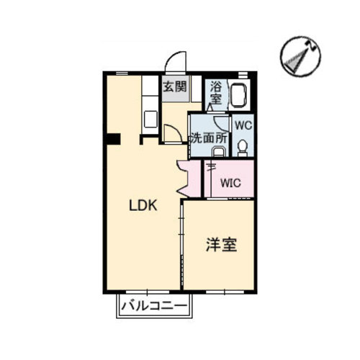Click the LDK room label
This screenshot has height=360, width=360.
(x=143, y=205)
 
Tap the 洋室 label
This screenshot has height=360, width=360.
(x=222, y=245)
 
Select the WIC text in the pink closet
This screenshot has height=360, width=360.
(x=230, y=183)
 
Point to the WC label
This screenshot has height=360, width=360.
(x=243, y=125)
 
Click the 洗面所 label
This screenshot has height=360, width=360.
(x=209, y=138)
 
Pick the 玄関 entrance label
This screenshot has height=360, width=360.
(x=175, y=86)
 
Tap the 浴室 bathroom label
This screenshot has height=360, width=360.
(x=216, y=93)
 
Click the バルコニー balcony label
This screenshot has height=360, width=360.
(x=154, y=306)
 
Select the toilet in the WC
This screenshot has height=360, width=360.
(x=243, y=148)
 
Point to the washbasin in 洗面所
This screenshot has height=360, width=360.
(x=218, y=152)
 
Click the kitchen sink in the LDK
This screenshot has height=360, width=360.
(x=150, y=119)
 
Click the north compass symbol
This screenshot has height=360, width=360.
(x=300, y=56)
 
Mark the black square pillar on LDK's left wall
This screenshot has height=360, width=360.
(x=113, y=139)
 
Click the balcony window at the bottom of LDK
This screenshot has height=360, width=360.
(x=148, y=292)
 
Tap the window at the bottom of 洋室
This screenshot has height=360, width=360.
(x=225, y=292)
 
